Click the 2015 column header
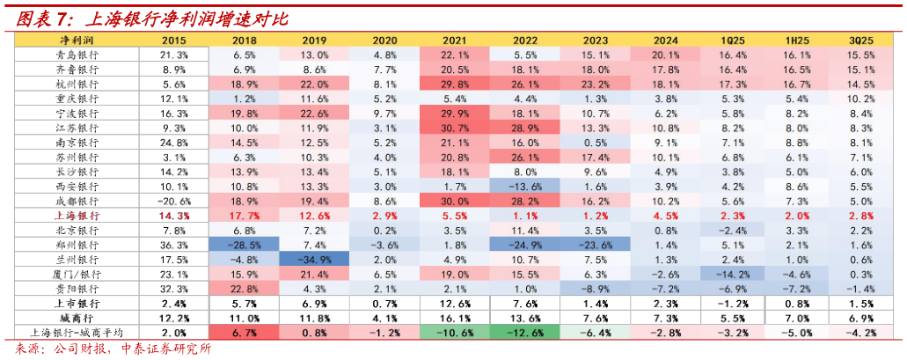pos(174,40)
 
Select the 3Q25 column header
pos(860,40)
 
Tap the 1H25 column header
pos(795,40)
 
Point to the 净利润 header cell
pos(77,40)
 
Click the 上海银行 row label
pos(77,216)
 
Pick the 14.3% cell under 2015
pos(174,216)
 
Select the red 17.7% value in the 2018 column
pos(245,216)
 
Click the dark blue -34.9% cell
pos(314,260)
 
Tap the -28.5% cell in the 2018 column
pos(245,245)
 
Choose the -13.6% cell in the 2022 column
pos(524,187)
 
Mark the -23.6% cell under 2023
pos(595,245)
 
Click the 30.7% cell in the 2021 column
pos(455,128)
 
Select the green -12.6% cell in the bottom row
pos(524,333)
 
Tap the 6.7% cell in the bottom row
pos(245,333)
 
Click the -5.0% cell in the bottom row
pos(795,333)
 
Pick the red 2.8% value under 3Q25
pos(860,216)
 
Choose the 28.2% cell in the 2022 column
pos(524,201)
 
